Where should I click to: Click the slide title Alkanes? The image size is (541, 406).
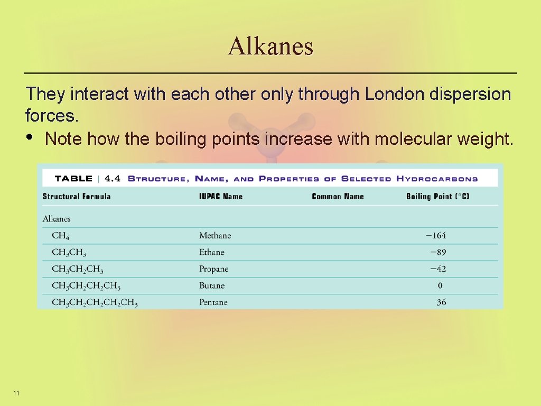click(x=270, y=46)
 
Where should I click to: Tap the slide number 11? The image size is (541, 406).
click(x=16, y=393)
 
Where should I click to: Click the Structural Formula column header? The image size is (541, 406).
click(x=77, y=196)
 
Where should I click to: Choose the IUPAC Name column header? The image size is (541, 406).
click(x=221, y=196)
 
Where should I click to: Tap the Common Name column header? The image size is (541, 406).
click(x=338, y=196)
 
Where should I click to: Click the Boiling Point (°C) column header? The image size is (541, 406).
click(x=437, y=196)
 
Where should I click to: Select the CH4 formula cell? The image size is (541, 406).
click(x=61, y=236)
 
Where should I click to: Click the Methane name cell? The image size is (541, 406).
click(x=215, y=236)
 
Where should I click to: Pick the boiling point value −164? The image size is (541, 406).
click(x=436, y=236)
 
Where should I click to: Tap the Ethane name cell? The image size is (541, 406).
click(x=212, y=252)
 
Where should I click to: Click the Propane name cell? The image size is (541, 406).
click(x=213, y=269)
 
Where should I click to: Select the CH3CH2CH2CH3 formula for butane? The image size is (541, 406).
click(x=86, y=286)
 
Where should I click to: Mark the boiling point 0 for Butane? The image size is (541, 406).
click(x=440, y=286)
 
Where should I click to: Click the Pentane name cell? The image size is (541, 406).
click(x=213, y=302)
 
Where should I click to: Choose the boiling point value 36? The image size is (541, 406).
click(x=441, y=302)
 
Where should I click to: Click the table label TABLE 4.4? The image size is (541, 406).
click(x=87, y=179)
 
